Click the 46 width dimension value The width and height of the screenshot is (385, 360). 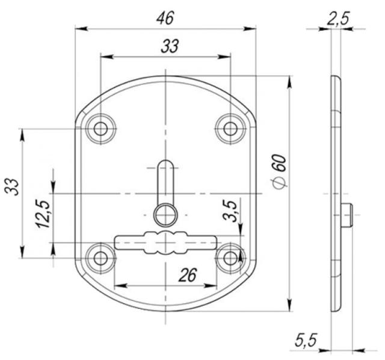[x=165, y=17]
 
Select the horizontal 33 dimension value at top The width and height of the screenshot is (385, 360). [x=170, y=46]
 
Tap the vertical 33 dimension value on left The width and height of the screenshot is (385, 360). [x=13, y=187]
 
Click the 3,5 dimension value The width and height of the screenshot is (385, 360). [x=230, y=211]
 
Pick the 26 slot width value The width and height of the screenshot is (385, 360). [x=188, y=275]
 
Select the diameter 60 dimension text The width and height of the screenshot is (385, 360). [x=280, y=171]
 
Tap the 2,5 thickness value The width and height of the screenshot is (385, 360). [x=338, y=19]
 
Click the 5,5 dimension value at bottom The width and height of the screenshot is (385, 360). [x=306, y=340]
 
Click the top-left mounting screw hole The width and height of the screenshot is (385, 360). [x=100, y=129]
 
